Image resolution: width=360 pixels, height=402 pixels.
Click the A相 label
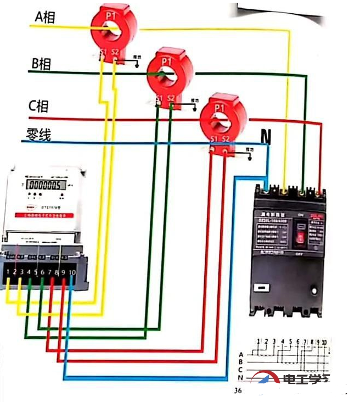44,17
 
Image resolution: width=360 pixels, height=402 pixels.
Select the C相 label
38,105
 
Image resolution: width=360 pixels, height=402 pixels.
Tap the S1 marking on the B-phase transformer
159,99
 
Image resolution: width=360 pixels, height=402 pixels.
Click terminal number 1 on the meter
10,272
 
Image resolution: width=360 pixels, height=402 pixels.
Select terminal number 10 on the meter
72,272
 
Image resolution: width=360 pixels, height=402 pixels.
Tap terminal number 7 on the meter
49,272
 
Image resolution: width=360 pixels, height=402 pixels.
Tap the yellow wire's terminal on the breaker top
284,192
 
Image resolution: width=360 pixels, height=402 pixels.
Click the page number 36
238,390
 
